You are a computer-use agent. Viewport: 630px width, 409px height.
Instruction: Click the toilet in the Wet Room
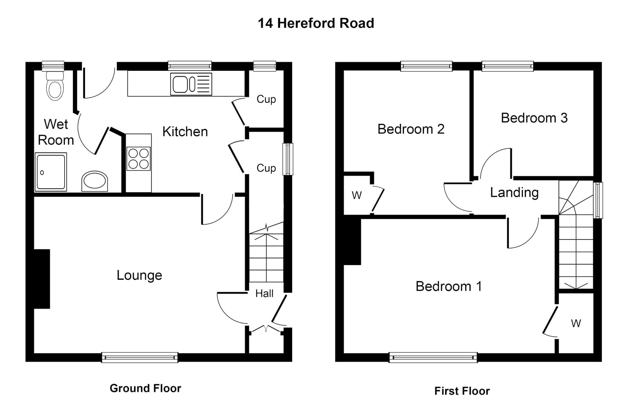click(55, 86)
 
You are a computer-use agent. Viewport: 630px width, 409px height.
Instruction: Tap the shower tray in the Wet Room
click(51, 172)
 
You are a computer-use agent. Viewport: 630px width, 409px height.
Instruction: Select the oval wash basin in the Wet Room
click(94, 182)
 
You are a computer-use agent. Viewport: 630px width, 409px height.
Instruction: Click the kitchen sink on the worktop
click(191, 84)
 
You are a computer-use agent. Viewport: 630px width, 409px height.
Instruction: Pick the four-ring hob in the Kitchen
click(139, 158)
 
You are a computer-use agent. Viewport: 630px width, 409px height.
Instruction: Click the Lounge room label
click(139, 275)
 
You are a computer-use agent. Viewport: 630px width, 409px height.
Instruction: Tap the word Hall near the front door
click(264, 293)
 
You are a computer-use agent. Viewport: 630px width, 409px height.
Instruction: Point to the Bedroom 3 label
click(534, 118)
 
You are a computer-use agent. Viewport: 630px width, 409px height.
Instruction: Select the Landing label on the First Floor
click(514, 192)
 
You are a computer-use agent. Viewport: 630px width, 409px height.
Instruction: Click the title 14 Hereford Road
click(316, 23)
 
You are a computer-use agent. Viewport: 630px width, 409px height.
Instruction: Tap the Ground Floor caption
click(145, 388)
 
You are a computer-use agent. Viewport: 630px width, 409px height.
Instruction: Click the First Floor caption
click(462, 391)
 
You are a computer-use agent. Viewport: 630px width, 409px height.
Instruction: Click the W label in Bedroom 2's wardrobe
click(357, 195)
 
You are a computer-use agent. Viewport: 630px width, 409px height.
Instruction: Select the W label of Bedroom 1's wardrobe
click(576, 323)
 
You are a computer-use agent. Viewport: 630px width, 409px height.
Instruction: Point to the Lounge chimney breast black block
click(42, 279)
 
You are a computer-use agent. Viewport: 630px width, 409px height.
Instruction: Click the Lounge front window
click(140, 357)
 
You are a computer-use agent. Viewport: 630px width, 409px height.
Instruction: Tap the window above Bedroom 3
click(507, 66)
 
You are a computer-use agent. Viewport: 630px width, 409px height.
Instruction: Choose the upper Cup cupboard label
click(266, 99)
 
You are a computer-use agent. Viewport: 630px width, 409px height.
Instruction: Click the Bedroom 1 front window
click(433, 357)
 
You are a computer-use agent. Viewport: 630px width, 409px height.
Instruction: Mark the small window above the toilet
click(53, 66)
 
